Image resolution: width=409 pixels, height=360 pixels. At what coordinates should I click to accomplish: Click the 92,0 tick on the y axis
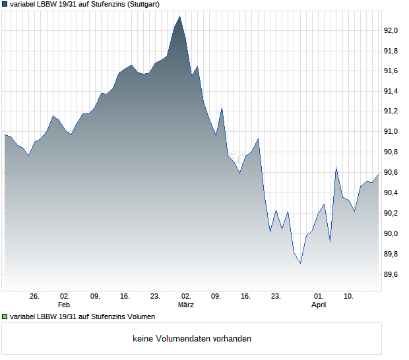[393, 30]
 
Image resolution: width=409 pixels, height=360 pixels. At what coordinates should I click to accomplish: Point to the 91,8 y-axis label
[393, 51]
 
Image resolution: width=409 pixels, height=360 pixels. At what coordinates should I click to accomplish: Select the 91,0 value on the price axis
[393, 132]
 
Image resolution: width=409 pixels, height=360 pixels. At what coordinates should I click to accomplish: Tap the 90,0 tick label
[393, 233]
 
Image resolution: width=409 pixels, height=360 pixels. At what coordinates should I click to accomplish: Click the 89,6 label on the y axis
[393, 274]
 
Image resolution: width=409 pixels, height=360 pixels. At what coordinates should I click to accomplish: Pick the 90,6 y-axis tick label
[393, 173]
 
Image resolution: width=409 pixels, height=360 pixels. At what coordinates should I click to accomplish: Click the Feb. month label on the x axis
[65, 305]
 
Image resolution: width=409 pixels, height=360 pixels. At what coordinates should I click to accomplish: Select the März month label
[185, 305]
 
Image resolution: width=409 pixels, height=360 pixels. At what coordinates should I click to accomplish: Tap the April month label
[319, 305]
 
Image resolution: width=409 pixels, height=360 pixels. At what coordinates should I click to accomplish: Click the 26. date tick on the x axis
[35, 297]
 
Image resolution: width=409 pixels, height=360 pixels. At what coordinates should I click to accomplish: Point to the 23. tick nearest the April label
[276, 297]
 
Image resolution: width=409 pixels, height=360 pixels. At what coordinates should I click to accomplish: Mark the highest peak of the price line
[180, 16]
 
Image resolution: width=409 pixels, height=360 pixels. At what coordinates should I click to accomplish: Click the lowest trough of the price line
[300, 263]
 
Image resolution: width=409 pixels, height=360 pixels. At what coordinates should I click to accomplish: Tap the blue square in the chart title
[5, 4]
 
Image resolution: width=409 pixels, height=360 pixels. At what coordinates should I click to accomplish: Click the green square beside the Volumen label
[5, 316]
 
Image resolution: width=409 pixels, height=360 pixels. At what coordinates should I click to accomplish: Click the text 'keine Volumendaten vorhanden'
[192, 339]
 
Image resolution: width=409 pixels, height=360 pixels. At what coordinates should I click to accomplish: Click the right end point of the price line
[379, 174]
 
